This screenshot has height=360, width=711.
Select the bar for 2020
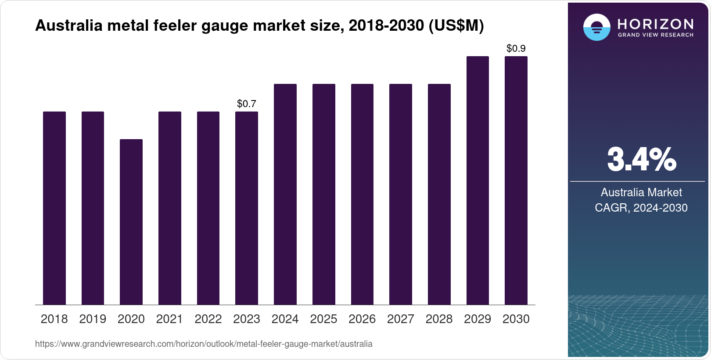131,222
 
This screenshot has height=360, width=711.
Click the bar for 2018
54,208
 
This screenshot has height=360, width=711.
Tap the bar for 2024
285,194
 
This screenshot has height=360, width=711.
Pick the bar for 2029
478,180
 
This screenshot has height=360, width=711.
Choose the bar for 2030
516,180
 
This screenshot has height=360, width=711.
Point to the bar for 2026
362,194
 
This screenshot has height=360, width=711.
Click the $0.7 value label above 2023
247,104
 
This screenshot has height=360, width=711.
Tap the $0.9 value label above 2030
516,48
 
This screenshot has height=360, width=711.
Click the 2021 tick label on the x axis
169,319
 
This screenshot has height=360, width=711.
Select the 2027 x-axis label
401,319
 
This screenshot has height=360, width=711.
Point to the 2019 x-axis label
93,319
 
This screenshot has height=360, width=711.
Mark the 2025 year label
323,319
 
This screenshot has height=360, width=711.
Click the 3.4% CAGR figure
641,160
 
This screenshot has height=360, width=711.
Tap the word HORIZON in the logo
656,24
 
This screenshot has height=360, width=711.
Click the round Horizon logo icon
596,27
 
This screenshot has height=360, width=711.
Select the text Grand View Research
656,35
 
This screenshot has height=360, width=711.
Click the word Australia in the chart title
68,25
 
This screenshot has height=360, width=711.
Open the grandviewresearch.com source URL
204,344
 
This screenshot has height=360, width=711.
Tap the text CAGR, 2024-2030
641,208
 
